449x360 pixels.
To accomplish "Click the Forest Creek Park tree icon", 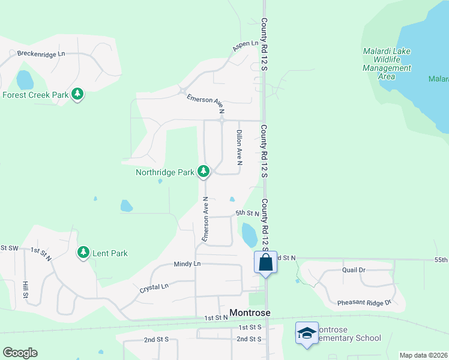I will pos(77,94).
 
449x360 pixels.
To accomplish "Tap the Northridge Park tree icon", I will pos(204,172).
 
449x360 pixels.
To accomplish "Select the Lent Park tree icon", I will pos(83,253).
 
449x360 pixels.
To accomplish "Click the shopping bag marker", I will pos(265,262).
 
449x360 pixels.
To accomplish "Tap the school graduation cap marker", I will pos(307,333).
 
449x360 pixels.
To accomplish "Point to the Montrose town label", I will pos(250,313).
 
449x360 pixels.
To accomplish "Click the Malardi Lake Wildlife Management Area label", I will pos(387,64).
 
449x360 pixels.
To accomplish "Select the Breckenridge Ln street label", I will pos(41,53).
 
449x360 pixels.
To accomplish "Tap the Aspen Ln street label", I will pos(246,45).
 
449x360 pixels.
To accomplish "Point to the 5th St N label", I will pos(247,213).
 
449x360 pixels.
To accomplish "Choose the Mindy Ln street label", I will pos(187,263).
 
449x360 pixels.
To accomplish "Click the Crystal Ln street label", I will pos(154,287).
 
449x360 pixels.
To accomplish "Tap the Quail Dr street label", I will pos(354,270).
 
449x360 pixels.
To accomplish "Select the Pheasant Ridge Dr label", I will pos(364,302).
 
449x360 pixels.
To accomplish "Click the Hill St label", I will pos(25,289).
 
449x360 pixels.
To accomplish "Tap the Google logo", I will pos(20,353).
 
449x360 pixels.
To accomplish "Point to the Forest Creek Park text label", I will pos(35,95).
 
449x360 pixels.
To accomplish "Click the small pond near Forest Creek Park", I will pos(25,79).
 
